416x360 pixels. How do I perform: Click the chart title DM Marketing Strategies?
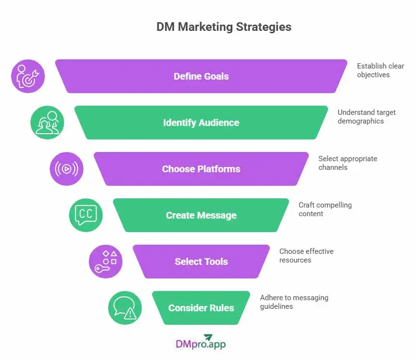pyautogui.click(x=223, y=27)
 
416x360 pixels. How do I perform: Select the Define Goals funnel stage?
pyautogui.click(x=201, y=76)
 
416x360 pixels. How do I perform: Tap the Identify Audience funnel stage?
pyautogui.click(x=201, y=123)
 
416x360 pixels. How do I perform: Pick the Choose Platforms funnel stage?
pyautogui.click(x=201, y=169)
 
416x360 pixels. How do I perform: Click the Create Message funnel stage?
pyautogui.click(x=201, y=215)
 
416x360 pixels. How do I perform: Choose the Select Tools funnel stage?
pyautogui.click(x=201, y=262)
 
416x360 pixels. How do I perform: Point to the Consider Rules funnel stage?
pyautogui.click(x=201, y=308)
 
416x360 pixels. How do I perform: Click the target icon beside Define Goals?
pyautogui.click(x=28, y=76)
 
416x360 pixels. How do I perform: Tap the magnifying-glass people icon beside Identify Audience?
pyautogui.click(x=47, y=123)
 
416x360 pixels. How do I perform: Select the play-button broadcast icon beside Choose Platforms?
pyautogui.click(x=67, y=169)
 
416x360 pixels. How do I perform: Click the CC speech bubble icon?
pyautogui.click(x=86, y=215)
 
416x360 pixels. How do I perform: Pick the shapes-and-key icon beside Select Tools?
pyautogui.click(x=105, y=262)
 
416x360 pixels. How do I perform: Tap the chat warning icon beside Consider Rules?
pyautogui.click(x=125, y=308)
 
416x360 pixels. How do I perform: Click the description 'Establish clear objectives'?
pyautogui.click(x=380, y=70)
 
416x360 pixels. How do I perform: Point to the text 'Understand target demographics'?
pyautogui.click(x=366, y=116)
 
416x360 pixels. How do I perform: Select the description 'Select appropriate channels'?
pyautogui.click(x=347, y=163)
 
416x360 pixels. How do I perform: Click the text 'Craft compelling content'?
pyautogui.click(x=325, y=209)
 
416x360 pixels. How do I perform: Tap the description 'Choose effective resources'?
pyautogui.click(x=306, y=255)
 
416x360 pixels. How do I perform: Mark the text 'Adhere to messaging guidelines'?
pyautogui.click(x=294, y=302)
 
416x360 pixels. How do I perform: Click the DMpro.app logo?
pyautogui.click(x=201, y=342)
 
